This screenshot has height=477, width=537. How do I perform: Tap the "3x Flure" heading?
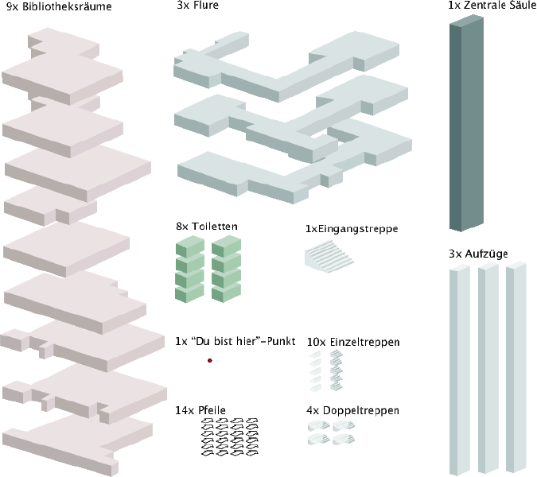(197, 6)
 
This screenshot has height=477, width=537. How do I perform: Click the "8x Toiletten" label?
(207, 227)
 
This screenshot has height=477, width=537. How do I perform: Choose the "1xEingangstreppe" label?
(352, 229)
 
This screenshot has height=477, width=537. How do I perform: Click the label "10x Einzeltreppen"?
(352, 342)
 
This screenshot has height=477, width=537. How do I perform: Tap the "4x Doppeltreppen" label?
(352, 411)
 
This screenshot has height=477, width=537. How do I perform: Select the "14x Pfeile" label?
(200, 410)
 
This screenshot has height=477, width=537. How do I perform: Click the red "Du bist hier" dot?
(210, 361)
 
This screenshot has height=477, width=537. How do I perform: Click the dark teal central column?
(467, 127)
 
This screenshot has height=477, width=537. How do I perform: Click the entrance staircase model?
(329, 257)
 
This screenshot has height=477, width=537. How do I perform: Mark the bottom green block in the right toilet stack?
(227, 293)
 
